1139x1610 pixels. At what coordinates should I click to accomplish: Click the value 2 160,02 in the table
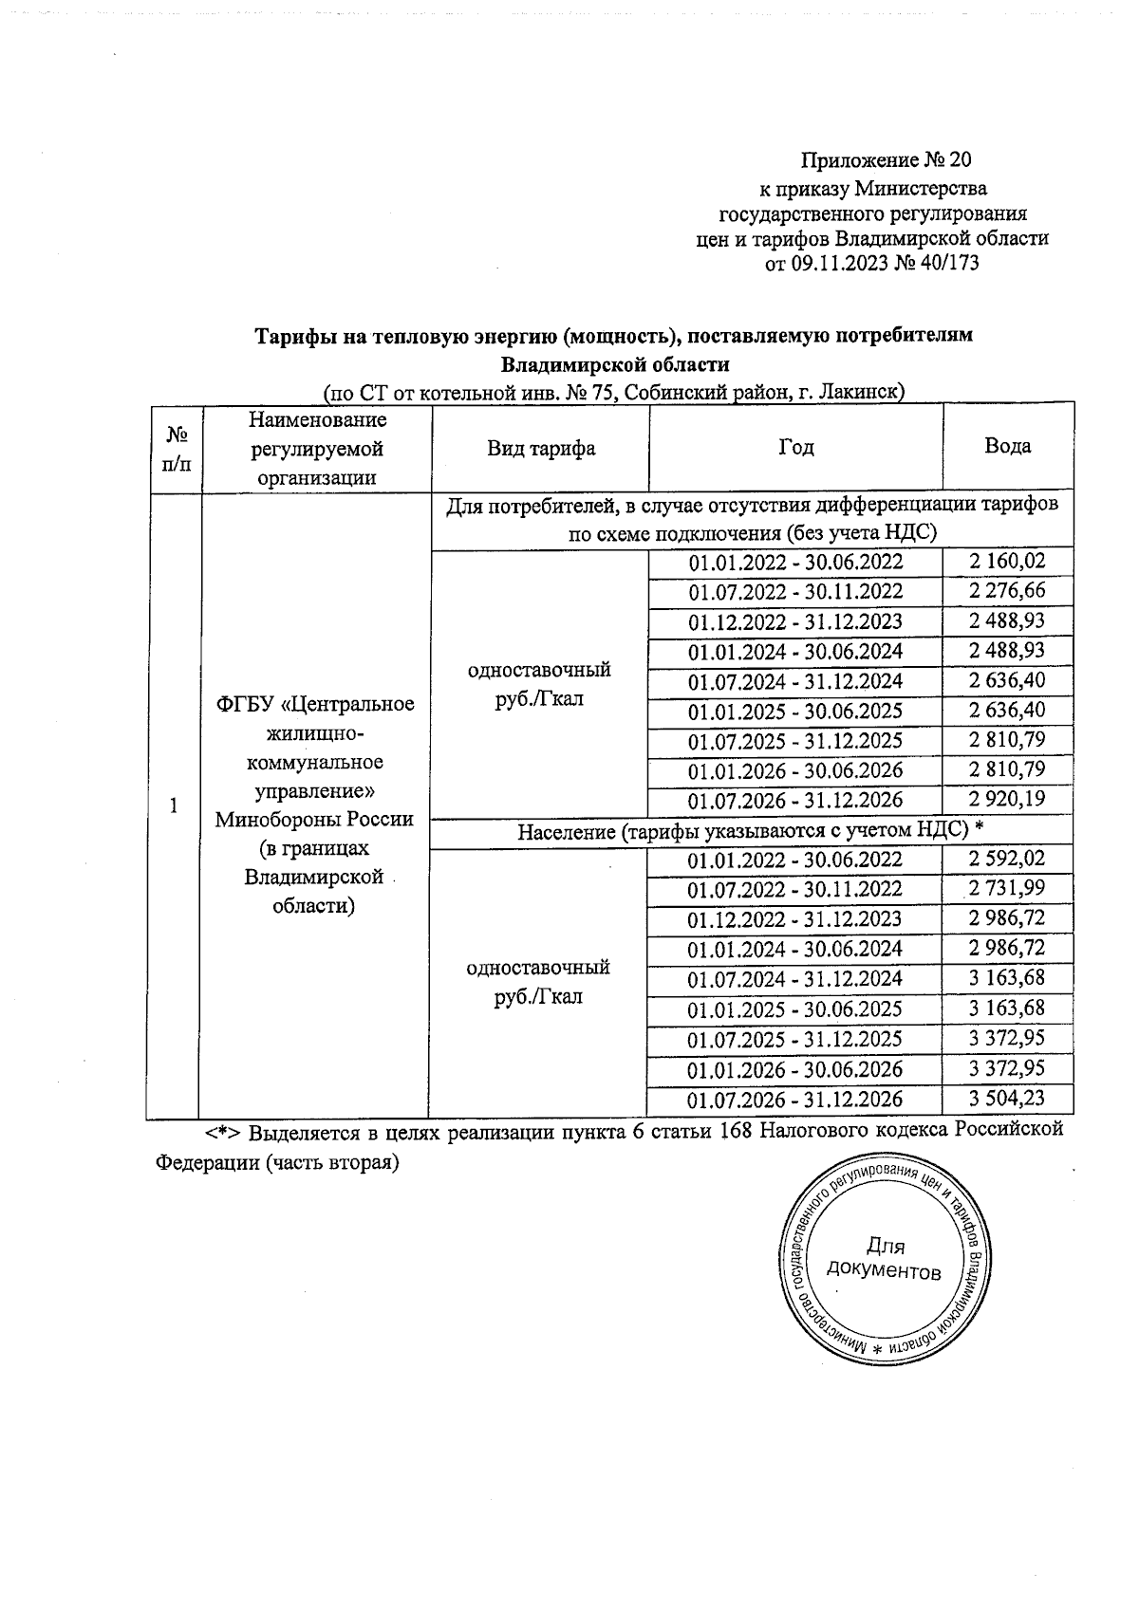click(x=1007, y=562)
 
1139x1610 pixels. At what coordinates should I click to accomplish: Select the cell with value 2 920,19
click(x=1007, y=799)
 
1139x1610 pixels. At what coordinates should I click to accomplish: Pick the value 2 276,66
click(x=1007, y=591)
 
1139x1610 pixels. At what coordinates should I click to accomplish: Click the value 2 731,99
click(x=1007, y=889)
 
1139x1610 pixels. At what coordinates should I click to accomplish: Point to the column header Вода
click(x=1007, y=446)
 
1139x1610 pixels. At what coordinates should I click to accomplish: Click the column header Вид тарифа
click(x=541, y=448)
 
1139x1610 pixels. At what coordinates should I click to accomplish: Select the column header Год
click(x=795, y=448)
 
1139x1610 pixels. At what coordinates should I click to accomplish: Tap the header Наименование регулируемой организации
click(x=318, y=448)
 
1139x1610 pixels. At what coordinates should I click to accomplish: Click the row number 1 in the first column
click(x=173, y=806)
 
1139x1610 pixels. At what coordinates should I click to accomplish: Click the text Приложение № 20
click(x=887, y=158)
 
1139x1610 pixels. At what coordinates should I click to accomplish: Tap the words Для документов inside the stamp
click(x=885, y=1259)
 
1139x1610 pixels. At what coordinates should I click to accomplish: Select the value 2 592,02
click(x=1007, y=859)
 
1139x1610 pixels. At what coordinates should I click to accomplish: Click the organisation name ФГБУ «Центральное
click(x=316, y=704)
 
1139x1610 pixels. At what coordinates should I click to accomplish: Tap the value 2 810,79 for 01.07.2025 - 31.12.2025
click(x=1007, y=739)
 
